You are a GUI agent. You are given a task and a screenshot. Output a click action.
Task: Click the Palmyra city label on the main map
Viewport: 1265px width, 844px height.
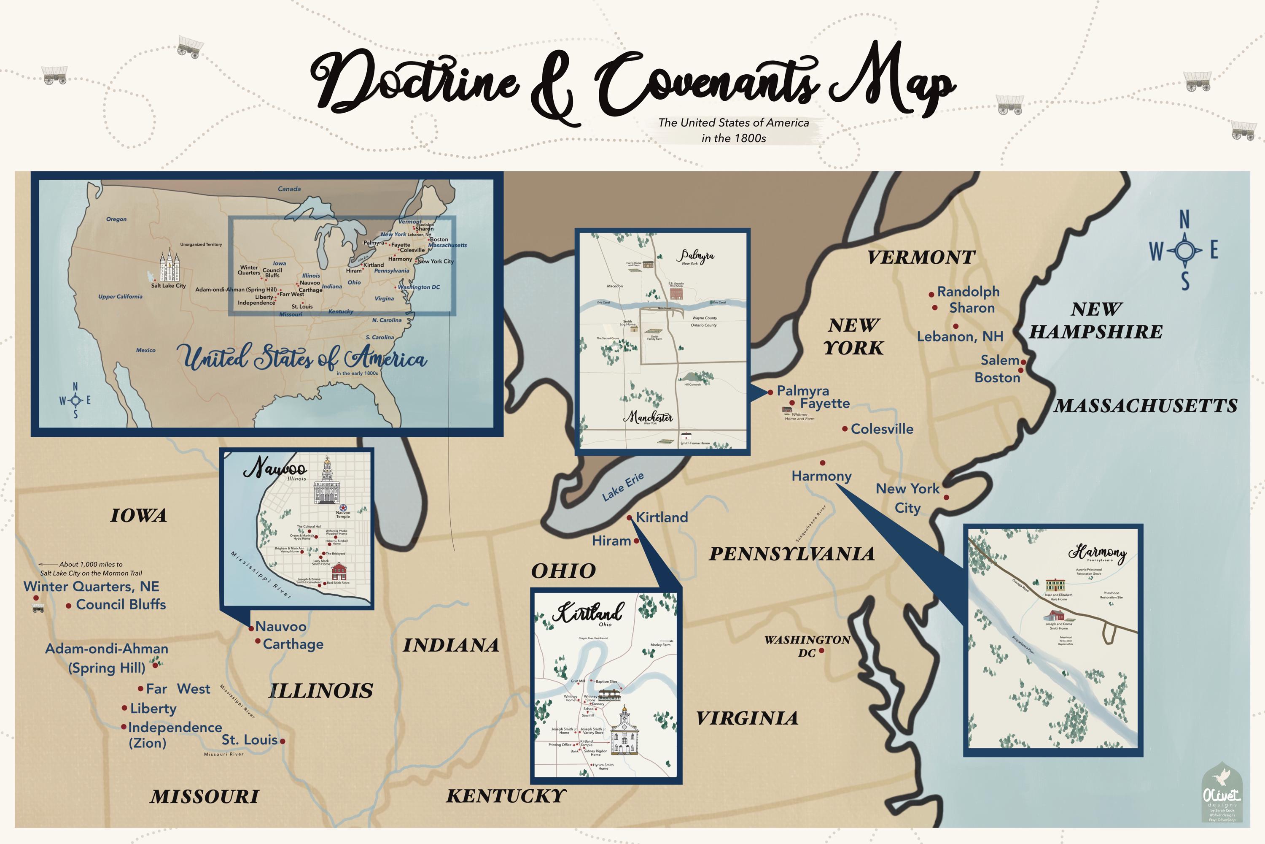(802, 391)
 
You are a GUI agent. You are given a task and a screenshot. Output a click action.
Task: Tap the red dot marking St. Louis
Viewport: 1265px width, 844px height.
(283, 741)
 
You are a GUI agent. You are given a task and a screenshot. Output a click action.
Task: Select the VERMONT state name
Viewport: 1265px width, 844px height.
(921, 257)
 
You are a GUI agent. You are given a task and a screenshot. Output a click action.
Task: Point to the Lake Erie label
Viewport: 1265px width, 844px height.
(622, 487)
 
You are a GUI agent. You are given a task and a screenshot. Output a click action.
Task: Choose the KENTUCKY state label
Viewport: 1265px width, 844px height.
(506, 796)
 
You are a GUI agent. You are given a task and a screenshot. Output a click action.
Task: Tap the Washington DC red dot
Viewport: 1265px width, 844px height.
(821, 651)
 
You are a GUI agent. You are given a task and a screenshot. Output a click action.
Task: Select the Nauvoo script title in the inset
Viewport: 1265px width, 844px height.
(275, 468)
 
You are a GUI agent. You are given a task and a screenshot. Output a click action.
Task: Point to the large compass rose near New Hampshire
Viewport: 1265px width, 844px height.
(1184, 250)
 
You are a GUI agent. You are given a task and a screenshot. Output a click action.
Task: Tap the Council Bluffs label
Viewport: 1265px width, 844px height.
(121, 604)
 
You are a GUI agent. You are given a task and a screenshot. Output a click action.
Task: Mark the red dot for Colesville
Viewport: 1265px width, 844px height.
(845, 429)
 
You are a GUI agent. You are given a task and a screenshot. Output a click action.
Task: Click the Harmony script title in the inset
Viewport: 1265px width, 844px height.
(1097, 552)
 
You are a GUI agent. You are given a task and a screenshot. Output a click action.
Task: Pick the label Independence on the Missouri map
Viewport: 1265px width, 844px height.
(175, 728)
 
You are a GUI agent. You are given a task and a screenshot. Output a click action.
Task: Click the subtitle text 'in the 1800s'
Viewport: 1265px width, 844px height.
(734, 138)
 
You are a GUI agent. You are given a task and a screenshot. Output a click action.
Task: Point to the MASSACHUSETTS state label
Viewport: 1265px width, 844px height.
(1146, 406)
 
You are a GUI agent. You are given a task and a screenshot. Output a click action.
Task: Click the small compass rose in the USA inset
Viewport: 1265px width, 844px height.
(75, 400)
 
